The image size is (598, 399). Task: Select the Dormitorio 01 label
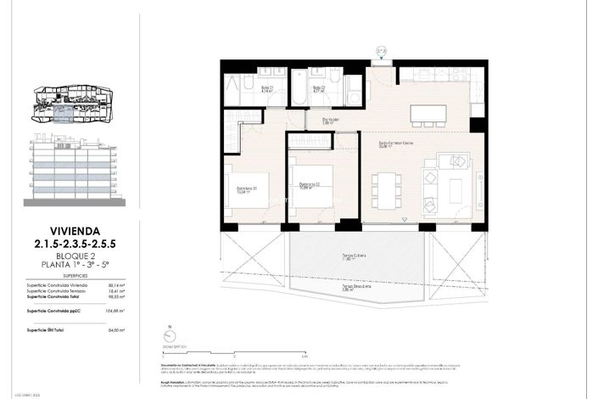[x=247, y=189]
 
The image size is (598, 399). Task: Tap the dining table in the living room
[x=388, y=190]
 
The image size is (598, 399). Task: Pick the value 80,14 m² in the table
[x=116, y=286]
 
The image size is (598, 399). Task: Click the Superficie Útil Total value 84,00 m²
[x=116, y=331]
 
